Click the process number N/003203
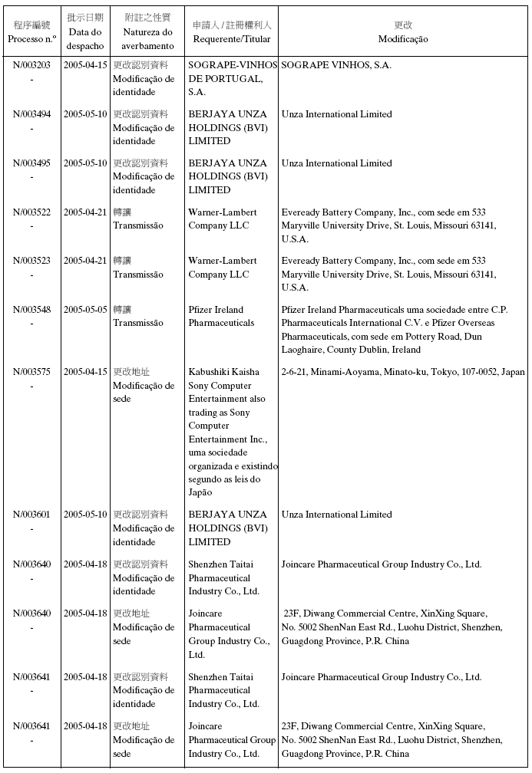click(x=32, y=65)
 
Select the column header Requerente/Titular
click(x=232, y=39)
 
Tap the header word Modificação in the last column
click(x=403, y=39)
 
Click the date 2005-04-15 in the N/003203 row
click(x=85, y=65)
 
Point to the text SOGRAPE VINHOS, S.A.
click(x=336, y=65)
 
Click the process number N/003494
click(x=32, y=114)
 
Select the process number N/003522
click(x=32, y=212)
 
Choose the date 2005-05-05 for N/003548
click(x=85, y=310)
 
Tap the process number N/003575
click(x=32, y=372)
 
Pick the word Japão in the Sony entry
click(x=200, y=493)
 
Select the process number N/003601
click(x=32, y=515)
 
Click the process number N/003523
click(x=32, y=261)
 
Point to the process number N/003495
click(x=32, y=163)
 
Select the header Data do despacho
click(x=85, y=39)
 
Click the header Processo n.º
click(x=32, y=39)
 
